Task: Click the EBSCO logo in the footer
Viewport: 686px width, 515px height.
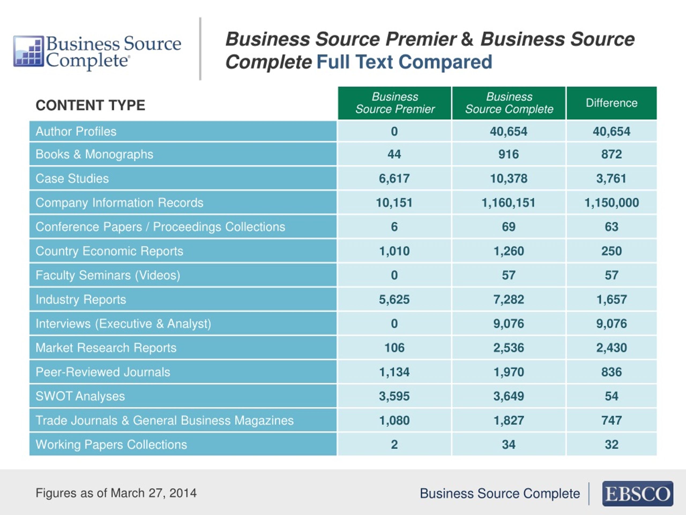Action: (637, 494)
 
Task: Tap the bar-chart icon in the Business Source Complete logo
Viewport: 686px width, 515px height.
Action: (28, 51)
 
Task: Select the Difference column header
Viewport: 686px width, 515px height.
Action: (612, 103)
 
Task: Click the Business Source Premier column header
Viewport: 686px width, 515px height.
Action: (394, 103)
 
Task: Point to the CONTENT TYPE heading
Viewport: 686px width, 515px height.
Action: (90, 105)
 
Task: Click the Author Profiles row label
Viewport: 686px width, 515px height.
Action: (76, 131)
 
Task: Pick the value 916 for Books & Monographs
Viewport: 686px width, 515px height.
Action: (509, 154)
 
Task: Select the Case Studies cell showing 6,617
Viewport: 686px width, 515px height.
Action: (394, 178)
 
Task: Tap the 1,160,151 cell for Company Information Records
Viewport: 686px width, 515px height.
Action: (508, 203)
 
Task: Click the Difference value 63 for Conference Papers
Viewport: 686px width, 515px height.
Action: (612, 227)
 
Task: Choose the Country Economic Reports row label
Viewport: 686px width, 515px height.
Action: (109, 251)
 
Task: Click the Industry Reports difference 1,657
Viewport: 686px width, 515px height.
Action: (612, 300)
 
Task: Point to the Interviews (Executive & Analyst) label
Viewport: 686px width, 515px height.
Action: (123, 323)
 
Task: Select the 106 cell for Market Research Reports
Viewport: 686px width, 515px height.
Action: (394, 348)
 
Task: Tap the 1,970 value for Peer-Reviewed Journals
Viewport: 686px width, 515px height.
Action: (509, 372)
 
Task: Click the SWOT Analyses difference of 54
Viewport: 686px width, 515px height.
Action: (612, 396)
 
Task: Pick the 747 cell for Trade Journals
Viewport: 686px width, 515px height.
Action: (612, 420)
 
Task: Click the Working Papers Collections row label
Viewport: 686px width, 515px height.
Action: (111, 444)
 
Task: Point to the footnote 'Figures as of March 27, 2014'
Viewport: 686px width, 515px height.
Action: (116, 493)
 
